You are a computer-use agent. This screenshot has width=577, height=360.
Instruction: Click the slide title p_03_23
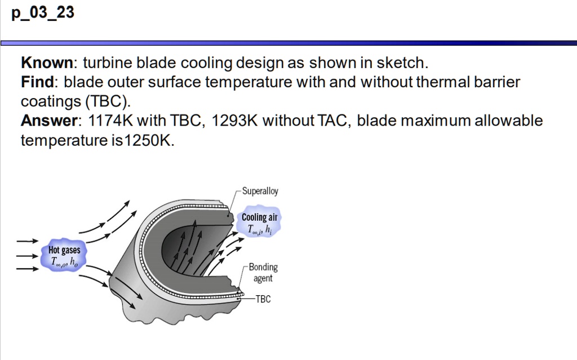coord(43,12)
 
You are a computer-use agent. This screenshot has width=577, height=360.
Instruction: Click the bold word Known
coord(47,63)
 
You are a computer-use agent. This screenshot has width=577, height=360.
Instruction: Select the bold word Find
coord(37,82)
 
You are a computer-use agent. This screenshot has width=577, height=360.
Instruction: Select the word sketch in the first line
coord(402,63)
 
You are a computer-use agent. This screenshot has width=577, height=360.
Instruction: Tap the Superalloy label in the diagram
coord(260,192)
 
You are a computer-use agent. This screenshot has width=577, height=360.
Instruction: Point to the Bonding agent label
coord(263,273)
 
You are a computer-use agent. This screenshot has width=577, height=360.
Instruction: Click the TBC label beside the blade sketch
coord(263,299)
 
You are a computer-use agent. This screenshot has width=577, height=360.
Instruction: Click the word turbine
coord(107,63)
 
